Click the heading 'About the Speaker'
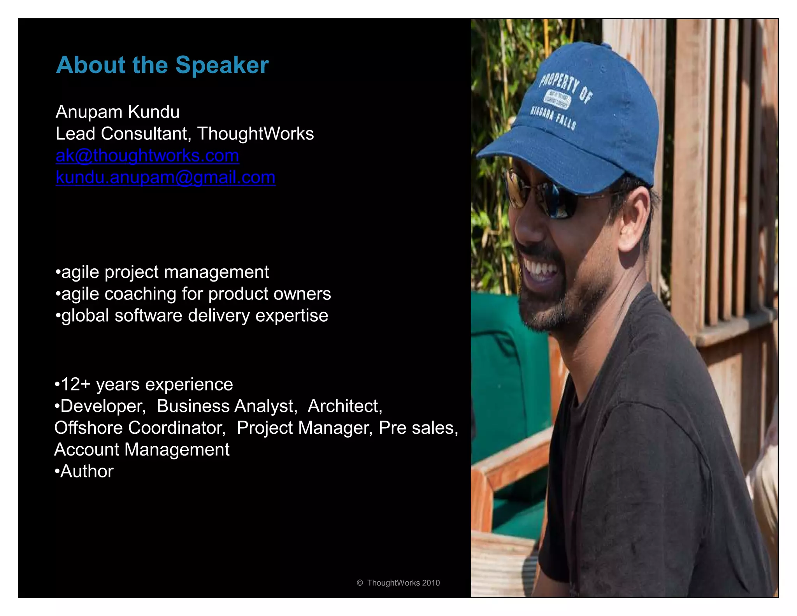(162, 65)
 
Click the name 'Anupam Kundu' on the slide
(118, 112)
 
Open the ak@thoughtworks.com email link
(147, 156)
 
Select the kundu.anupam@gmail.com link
(165, 178)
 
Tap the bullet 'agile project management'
(165, 272)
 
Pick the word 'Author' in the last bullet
(87, 472)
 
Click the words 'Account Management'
(142, 450)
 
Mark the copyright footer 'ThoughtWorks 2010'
(403, 583)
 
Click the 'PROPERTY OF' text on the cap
(566, 88)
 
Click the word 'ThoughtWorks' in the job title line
(255, 134)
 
